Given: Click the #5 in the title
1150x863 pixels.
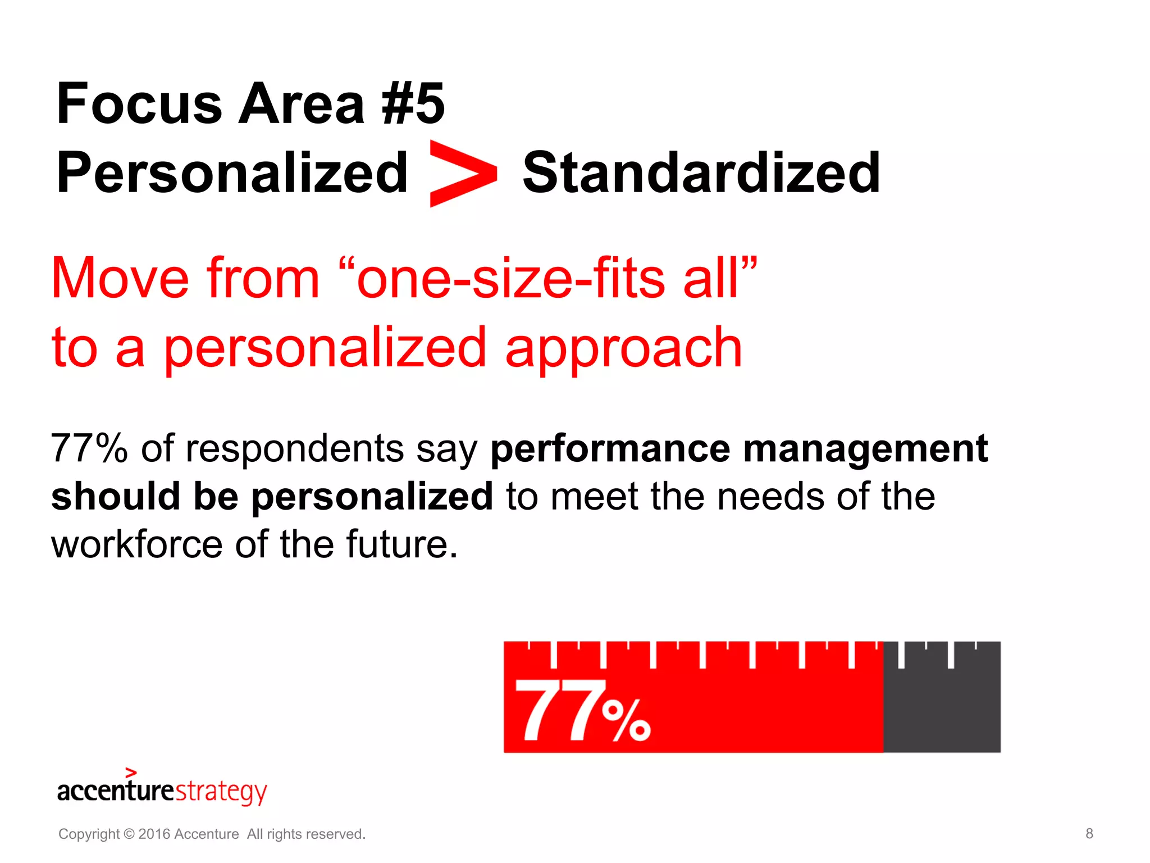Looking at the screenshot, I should [x=413, y=104].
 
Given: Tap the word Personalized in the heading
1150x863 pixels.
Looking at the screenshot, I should [x=232, y=173].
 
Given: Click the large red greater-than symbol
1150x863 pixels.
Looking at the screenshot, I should [x=462, y=174].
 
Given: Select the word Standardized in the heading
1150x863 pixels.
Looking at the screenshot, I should [x=701, y=173].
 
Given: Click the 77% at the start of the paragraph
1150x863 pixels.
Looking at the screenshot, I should [x=89, y=449].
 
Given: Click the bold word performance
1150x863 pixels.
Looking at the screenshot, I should [x=610, y=449].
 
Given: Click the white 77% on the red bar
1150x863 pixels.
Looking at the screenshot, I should [x=582, y=711].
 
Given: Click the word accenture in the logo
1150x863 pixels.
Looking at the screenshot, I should [x=116, y=791].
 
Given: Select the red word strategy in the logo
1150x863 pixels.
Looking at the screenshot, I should [x=221, y=792].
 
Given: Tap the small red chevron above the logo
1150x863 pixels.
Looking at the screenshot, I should [x=131, y=773].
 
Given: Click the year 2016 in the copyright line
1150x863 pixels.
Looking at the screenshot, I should [x=154, y=834].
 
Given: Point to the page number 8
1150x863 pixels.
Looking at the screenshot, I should [x=1089, y=834].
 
